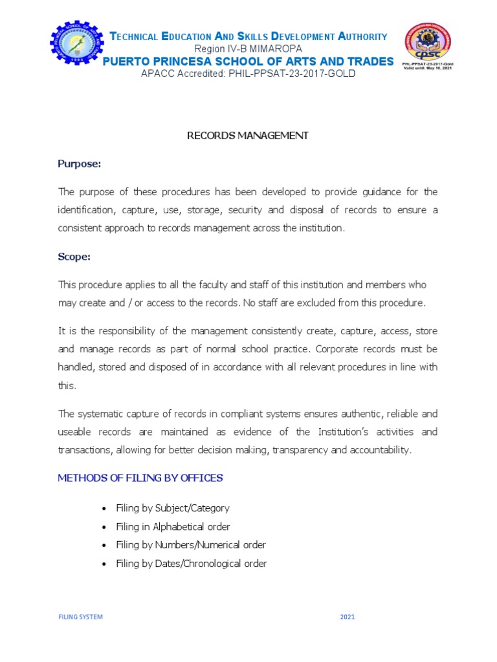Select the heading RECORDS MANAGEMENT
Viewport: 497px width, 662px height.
click(x=248, y=136)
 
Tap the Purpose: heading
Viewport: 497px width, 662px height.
click(x=80, y=164)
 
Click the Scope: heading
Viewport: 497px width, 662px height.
click(x=74, y=257)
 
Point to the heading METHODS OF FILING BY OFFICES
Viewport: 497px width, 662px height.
click(x=140, y=478)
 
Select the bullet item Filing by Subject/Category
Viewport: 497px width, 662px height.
click(x=172, y=508)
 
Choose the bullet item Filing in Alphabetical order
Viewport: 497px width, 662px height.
click(x=173, y=527)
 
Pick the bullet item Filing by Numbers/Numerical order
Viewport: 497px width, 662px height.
click(x=191, y=545)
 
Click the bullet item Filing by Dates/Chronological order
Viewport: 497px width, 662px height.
click(x=191, y=564)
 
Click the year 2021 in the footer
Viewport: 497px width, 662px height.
click(x=348, y=617)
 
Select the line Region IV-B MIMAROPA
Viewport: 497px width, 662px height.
click(x=248, y=49)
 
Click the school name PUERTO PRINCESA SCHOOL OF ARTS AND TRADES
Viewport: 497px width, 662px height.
click(x=248, y=61)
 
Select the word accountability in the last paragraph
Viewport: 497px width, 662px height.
click(x=379, y=450)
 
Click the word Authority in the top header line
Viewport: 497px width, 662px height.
click(x=355, y=37)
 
